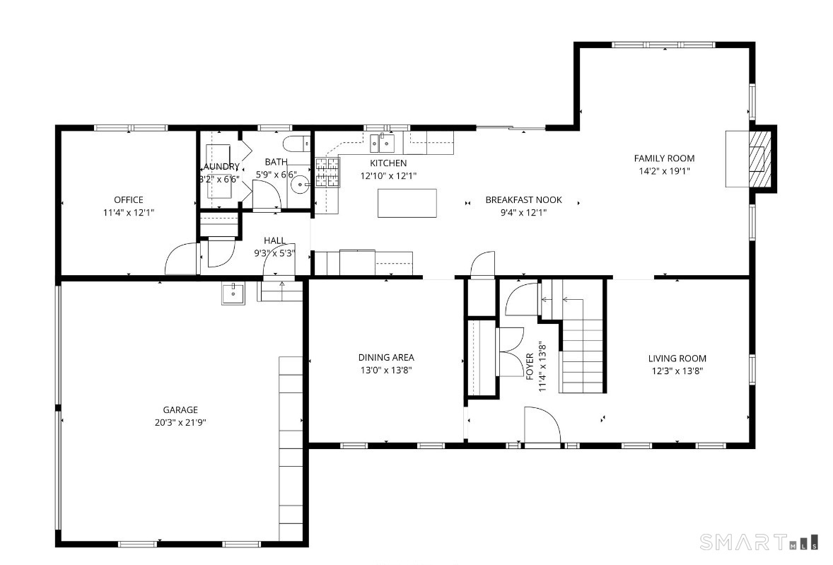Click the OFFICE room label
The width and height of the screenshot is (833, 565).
[x=129, y=200]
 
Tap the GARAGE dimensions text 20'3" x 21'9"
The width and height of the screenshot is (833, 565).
[x=180, y=423]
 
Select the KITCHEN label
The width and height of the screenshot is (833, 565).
[x=388, y=163]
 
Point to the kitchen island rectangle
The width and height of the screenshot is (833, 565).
[x=407, y=204]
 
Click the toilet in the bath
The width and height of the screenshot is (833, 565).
[x=296, y=144]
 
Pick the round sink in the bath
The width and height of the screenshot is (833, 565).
[x=301, y=185]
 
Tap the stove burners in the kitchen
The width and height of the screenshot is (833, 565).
[x=327, y=173]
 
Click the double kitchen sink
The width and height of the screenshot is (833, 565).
[x=383, y=143]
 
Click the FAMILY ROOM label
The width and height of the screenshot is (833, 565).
[x=664, y=158]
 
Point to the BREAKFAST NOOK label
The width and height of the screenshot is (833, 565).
[x=524, y=200]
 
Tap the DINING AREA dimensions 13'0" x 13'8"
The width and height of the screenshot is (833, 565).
[x=386, y=371]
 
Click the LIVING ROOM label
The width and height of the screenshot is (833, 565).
[x=677, y=359]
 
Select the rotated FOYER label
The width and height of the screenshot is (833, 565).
[x=530, y=366]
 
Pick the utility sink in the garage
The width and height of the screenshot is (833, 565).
[x=233, y=293]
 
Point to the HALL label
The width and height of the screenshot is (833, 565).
[x=274, y=241]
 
